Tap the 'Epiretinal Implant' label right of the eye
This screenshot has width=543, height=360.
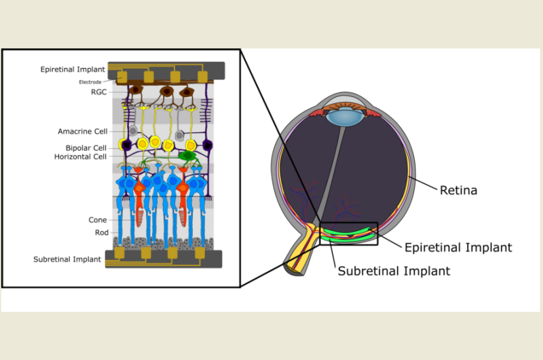(x=458, y=247)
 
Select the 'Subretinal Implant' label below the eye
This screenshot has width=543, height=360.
(x=394, y=271)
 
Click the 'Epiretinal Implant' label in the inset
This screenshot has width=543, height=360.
(x=73, y=69)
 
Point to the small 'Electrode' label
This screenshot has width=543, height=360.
(x=90, y=82)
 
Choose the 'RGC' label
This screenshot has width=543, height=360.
(x=98, y=92)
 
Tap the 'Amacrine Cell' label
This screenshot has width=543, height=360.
(x=82, y=131)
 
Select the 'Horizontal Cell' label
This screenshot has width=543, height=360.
(x=80, y=157)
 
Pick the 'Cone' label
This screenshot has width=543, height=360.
(x=98, y=220)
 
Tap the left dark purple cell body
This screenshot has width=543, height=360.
(x=124, y=144)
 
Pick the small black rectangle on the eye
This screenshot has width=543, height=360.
(x=348, y=233)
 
